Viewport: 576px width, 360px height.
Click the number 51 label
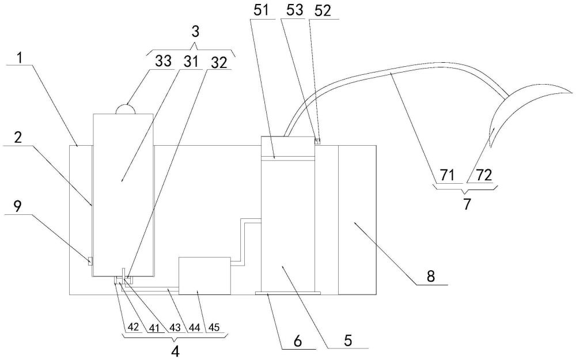pos(260,12)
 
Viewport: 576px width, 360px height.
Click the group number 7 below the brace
pos(465,204)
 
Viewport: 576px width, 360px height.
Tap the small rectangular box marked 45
pos(204,275)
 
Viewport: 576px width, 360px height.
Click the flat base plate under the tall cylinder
pos(287,294)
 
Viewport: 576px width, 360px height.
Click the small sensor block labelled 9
pos(89,261)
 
